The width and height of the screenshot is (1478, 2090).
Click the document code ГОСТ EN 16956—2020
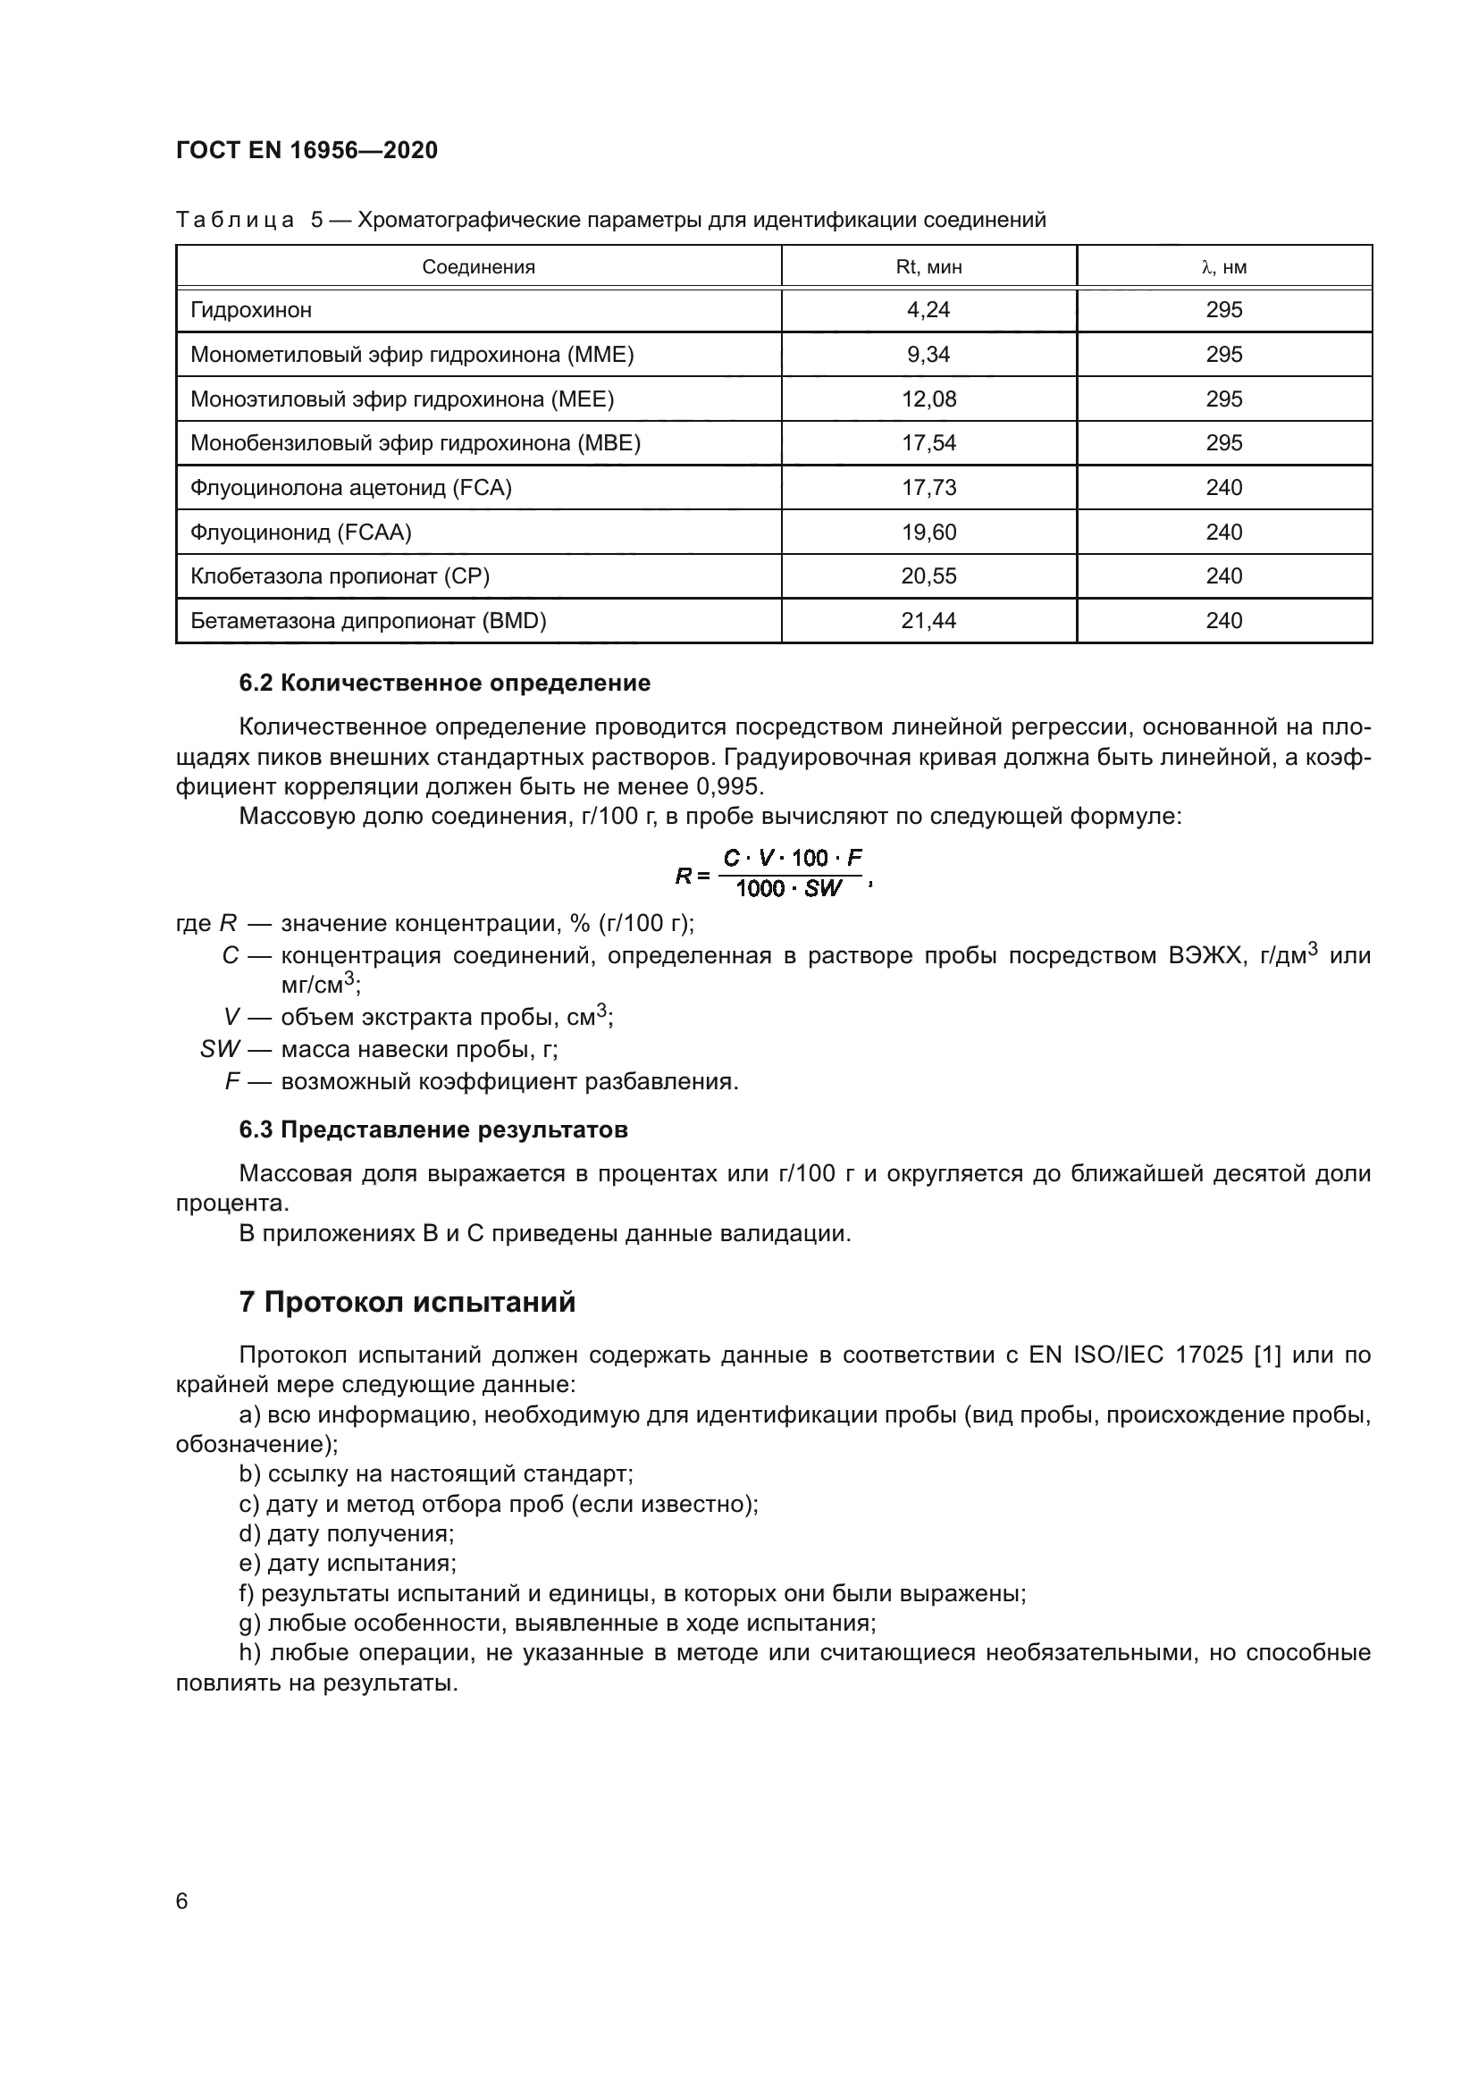click(x=307, y=150)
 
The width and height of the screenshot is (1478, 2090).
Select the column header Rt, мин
click(x=928, y=266)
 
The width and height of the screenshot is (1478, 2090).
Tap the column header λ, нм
click(x=1224, y=266)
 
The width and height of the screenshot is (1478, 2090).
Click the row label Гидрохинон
click(x=251, y=310)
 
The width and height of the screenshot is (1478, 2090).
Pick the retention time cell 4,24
click(x=928, y=310)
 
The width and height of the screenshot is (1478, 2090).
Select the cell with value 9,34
click(x=928, y=355)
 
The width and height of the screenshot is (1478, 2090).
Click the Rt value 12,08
click(x=928, y=399)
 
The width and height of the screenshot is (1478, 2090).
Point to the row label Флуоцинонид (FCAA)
click(x=301, y=533)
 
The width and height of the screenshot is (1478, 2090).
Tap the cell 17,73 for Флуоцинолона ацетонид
click(x=928, y=488)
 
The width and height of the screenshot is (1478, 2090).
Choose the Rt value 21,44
click(x=928, y=621)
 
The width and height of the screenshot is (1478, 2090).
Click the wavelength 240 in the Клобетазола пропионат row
click(x=1224, y=576)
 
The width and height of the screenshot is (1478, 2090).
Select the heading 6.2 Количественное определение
click(x=444, y=683)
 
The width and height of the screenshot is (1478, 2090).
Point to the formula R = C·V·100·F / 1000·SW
click(x=774, y=873)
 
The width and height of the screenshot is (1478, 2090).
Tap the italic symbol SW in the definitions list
click(x=219, y=1050)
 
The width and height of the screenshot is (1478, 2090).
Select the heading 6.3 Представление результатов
click(x=433, y=1129)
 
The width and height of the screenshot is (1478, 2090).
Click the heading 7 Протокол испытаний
click(x=407, y=1303)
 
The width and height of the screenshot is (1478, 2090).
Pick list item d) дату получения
click(x=347, y=1534)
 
